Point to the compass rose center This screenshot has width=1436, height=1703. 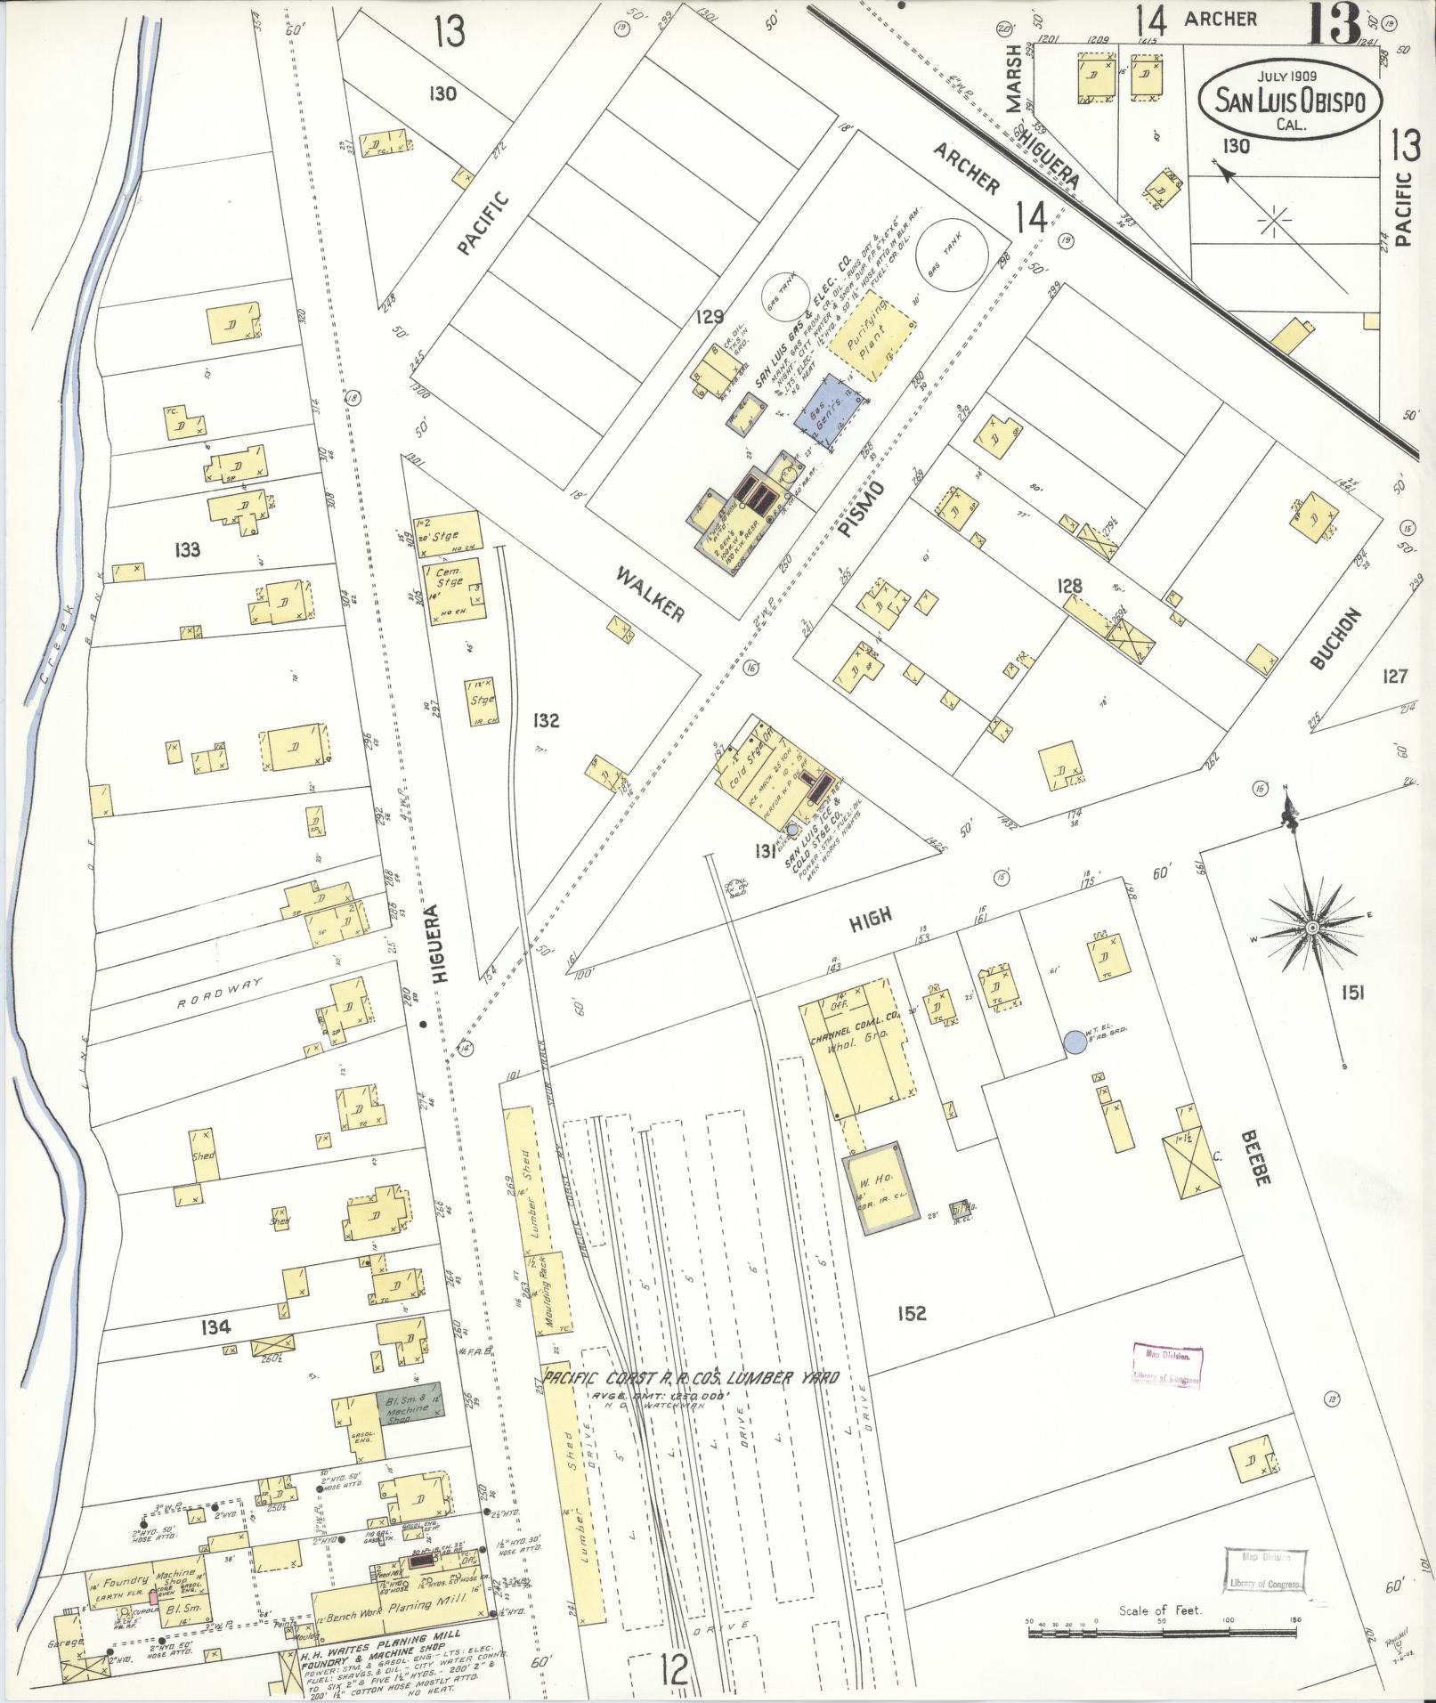coord(1311,929)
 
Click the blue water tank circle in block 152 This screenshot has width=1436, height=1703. coord(1075,1041)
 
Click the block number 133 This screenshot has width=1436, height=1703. coord(187,549)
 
